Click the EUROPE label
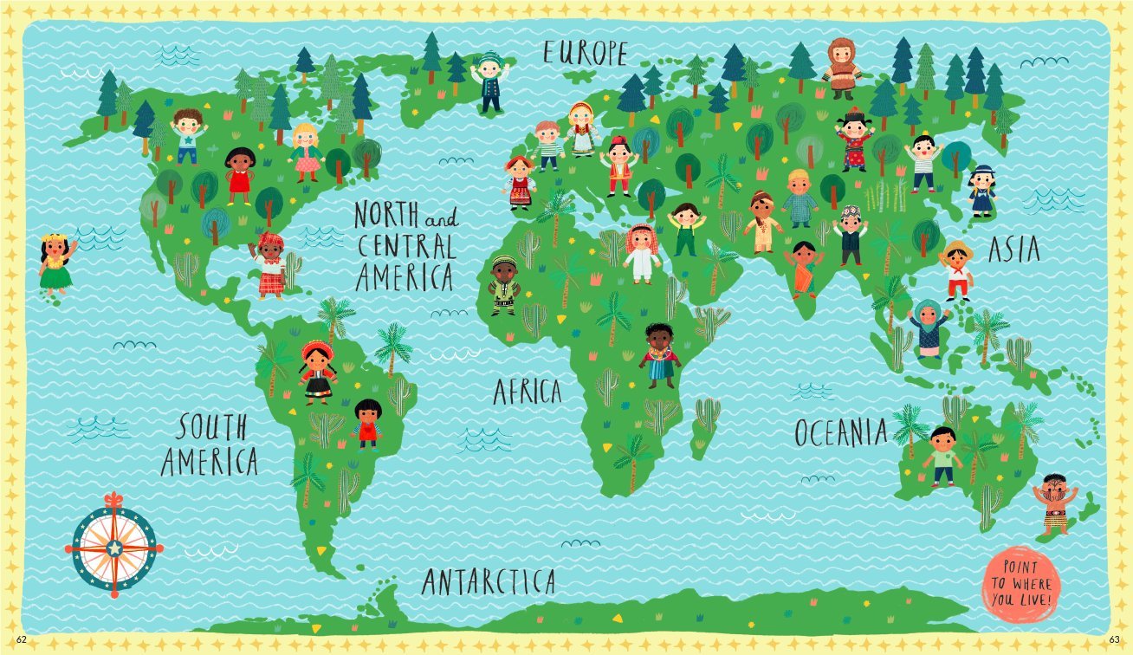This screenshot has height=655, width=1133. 585,52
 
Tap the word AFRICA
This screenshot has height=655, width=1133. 527,392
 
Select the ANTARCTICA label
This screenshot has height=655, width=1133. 489,580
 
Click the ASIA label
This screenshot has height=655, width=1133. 1013,250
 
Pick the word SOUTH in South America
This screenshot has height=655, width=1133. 213,427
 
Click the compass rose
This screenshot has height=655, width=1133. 113,547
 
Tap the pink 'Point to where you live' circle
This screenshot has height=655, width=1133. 1020,580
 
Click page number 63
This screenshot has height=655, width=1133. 1114,639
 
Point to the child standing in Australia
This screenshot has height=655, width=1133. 942,456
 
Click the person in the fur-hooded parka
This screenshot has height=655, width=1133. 841,68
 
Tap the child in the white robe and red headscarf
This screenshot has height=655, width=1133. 642,253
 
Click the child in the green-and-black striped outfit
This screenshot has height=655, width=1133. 503,285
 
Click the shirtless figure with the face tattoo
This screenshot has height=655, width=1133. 1054,503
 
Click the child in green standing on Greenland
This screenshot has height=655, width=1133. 490,81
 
